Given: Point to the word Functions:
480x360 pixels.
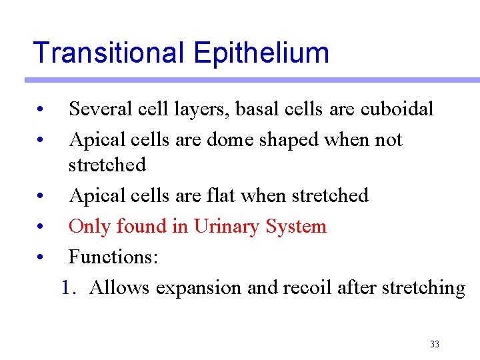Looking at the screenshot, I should coord(113,257).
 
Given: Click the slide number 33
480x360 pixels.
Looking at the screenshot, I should coord(435,345).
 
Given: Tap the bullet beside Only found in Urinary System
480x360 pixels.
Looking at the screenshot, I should coord(41,228).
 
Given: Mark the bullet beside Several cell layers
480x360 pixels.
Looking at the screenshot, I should coord(41,109).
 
